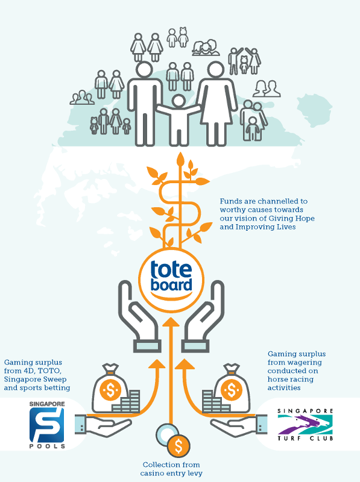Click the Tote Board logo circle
(x=171, y=280)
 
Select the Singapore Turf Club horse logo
(x=305, y=425)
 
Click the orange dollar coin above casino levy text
(x=178, y=446)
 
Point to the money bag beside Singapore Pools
(x=110, y=388)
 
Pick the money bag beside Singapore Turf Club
(x=232, y=388)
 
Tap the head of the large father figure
(x=144, y=70)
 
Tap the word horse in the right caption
(x=276, y=380)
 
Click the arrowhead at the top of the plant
(x=180, y=159)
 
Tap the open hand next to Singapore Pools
(x=103, y=425)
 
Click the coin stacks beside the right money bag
(x=215, y=401)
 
